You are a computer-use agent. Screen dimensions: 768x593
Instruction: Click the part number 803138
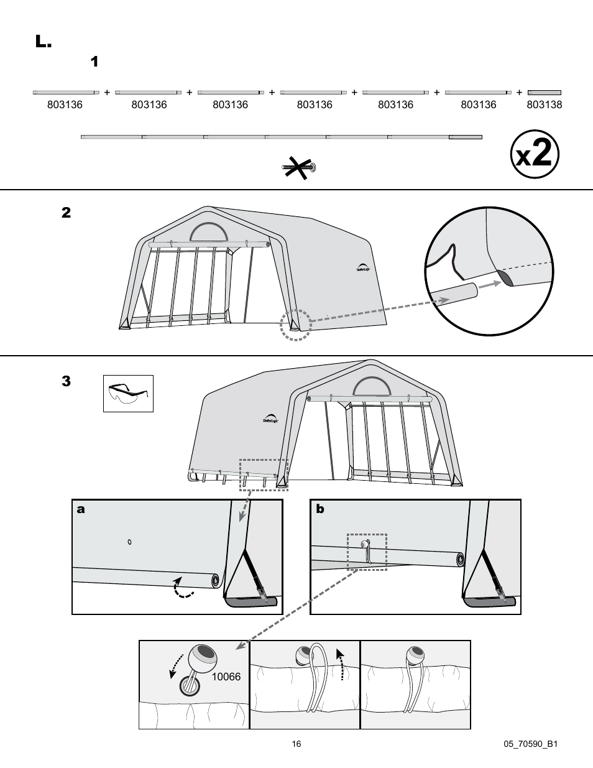click(x=544, y=105)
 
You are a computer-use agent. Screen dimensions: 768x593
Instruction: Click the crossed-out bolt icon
click(x=298, y=167)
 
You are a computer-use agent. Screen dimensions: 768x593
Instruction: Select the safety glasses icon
click(x=128, y=394)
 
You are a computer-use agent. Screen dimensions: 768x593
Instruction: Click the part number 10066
click(x=226, y=677)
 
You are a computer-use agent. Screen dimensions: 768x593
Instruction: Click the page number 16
click(x=296, y=744)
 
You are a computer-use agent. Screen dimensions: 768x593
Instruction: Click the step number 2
click(x=66, y=213)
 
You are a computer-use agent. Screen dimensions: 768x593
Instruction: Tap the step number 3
click(x=66, y=381)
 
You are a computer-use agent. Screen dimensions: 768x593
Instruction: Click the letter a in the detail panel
click(x=80, y=509)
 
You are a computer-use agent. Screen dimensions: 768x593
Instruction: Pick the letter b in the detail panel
click(x=320, y=509)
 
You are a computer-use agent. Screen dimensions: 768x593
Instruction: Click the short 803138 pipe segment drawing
click(x=544, y=93)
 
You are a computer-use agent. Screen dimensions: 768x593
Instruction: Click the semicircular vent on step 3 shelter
click(x=372, y=387)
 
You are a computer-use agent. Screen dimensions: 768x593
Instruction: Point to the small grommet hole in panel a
click(x=129, y=542)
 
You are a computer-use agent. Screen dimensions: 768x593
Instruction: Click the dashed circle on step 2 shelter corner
click(x=295, y=324)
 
